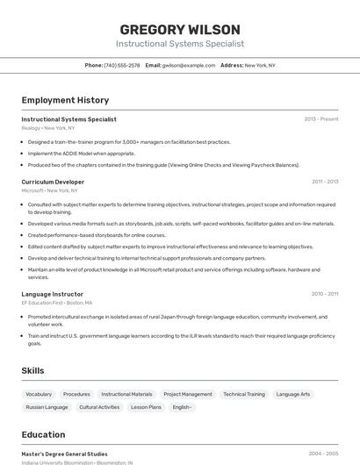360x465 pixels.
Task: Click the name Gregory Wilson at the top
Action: tap(180, 29)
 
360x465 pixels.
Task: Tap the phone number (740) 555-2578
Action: tap(121, 65)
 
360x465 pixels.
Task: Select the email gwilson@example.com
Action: tap(188, 65)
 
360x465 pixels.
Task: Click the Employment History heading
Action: tap(65, 100)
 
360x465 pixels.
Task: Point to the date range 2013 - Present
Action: tap(320, 119)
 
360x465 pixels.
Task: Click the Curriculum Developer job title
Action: tap(53, 182)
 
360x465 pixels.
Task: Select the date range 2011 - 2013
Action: tap(325, 182)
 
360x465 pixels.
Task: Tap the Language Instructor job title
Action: tap(52, 294)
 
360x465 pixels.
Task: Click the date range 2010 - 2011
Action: tap(325, 294)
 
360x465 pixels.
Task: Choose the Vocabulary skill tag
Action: tap(39, 395)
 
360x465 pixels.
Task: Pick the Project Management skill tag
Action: tap(188, 395)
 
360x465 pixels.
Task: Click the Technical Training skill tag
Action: tap(244, 395)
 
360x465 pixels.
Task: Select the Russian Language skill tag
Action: tap(47, 407)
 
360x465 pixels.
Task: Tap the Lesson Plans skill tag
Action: tap(146, 407)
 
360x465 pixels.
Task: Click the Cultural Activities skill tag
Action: tap(99, 407)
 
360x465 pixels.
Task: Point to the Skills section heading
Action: tap(33, 371)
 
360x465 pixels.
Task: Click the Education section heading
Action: tap(43, 434)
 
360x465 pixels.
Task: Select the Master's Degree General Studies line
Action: tap(64, 454)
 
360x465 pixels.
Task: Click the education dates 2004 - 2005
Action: tap(323, 454)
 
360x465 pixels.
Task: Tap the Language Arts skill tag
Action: tap(293, 395)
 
